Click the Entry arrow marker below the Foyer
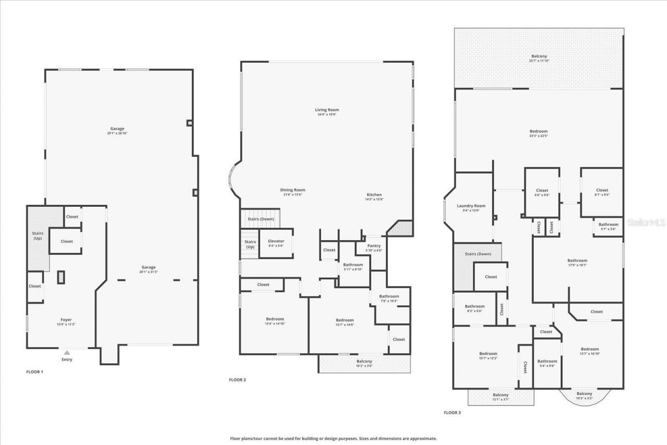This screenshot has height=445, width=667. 67,353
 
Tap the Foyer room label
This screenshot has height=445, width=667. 66,320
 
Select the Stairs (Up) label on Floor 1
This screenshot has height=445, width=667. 38,236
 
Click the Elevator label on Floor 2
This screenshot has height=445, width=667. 276,241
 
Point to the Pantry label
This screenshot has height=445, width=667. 374,246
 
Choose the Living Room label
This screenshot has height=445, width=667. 327,110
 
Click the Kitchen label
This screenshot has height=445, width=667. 374,195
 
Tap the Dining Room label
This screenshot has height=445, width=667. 292,190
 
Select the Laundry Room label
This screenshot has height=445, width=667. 471,206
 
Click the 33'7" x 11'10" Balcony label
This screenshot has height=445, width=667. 539,56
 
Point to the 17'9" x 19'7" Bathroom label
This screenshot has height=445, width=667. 577,261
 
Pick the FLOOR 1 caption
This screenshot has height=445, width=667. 35,372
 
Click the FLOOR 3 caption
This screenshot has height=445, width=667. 452,412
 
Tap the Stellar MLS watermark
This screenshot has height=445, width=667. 646,222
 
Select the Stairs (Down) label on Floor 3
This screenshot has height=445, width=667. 477,254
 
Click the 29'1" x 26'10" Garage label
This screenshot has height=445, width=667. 117,129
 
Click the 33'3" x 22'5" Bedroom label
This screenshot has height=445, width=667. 539,131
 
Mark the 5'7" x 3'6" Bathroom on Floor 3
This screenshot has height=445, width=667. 608,225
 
